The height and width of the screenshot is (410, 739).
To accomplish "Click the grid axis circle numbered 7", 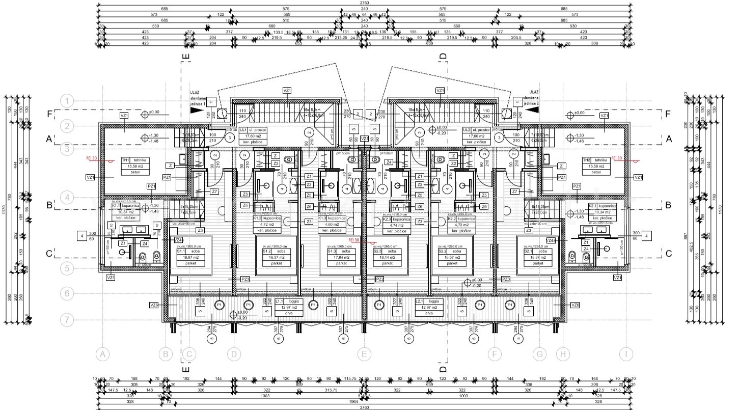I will pos(67,320).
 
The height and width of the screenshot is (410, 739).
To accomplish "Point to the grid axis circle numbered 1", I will pos(67,100).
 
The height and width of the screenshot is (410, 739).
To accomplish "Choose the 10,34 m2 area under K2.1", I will pos(603,212).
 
